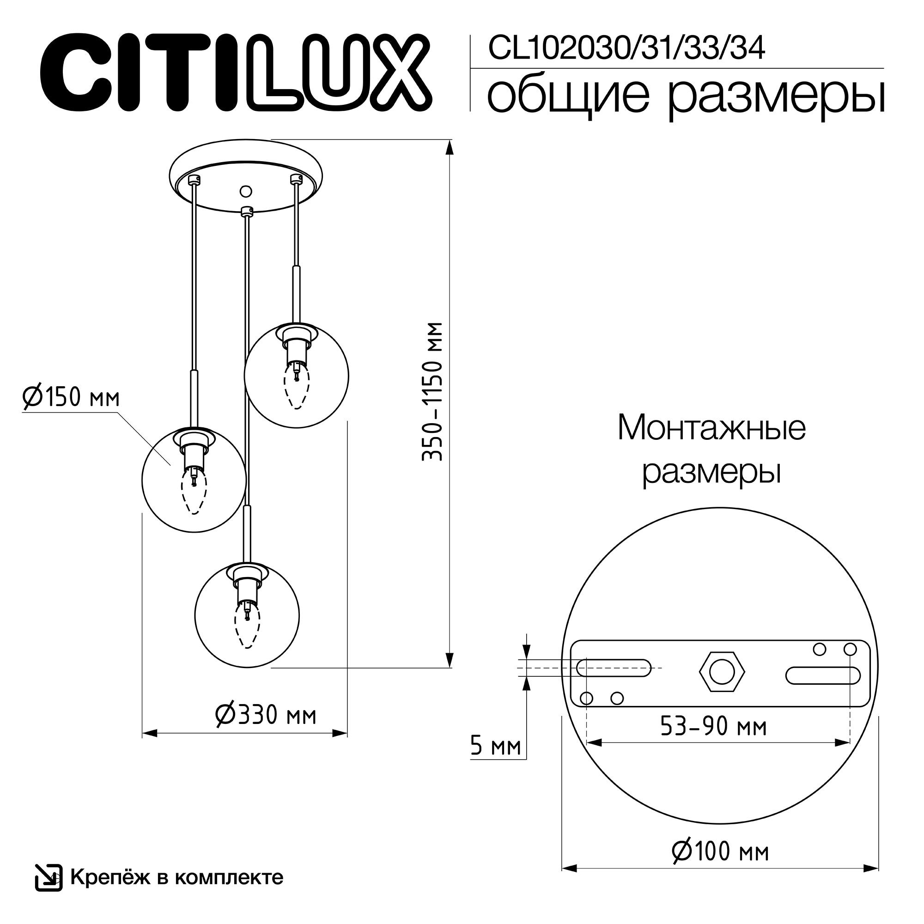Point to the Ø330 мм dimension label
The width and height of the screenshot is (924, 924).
click(266, 715)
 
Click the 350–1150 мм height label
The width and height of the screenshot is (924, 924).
click(433, 392)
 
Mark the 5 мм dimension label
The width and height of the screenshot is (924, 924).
click(495, 746)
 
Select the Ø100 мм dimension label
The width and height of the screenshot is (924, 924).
click(720, 865)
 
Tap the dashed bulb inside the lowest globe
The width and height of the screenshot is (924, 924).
click(247, 625)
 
